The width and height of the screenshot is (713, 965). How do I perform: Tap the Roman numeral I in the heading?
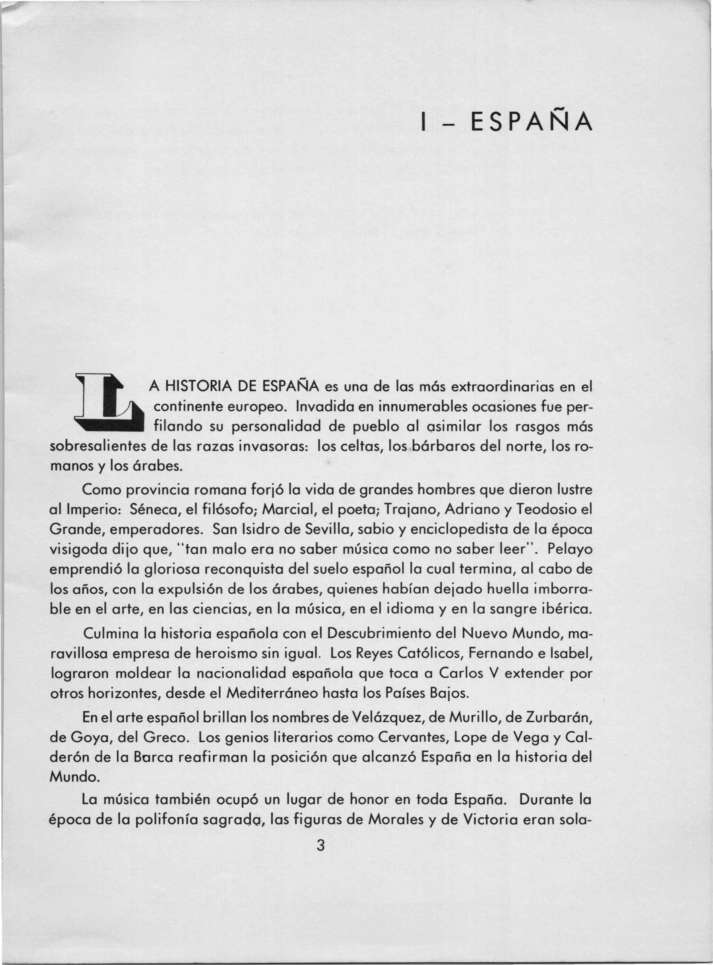point(425,123)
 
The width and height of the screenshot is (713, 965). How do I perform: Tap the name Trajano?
point(410,510)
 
